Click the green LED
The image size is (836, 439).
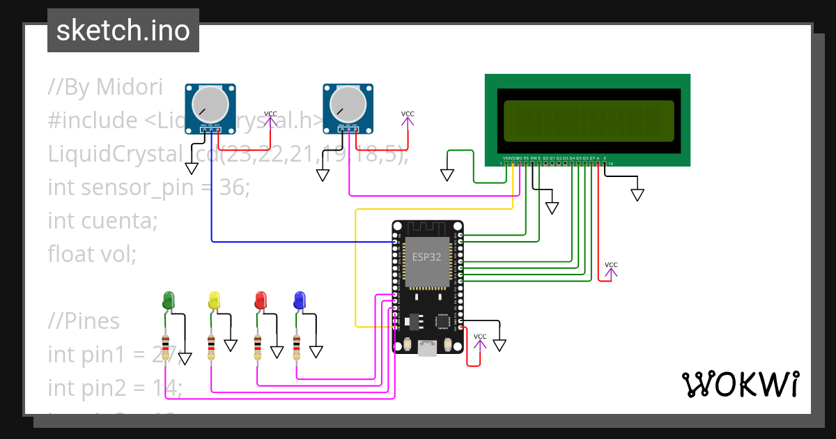click(x=168, y=300)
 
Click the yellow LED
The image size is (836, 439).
click(x=214, y=300)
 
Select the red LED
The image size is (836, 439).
click(x=261, y=300)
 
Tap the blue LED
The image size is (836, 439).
click(x=300, y=300)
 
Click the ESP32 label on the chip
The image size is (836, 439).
click(x=426, y=256)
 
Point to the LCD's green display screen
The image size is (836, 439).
click(x=589, y=119)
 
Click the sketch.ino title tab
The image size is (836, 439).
click(x=123, y=31)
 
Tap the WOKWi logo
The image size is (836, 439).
click(x=740, y=385)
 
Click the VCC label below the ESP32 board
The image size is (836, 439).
click(x=480, y=337)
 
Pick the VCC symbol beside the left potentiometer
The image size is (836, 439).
click(x=270, y=114)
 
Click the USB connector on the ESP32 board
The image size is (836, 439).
click(x=427, y=348)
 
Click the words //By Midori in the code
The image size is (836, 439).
click(x=105, y=87)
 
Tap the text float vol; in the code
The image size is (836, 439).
click(x=92, y=254)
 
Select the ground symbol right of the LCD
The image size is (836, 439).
click(x=637, y=195)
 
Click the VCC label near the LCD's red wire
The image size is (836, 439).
click(x=611, y=265)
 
